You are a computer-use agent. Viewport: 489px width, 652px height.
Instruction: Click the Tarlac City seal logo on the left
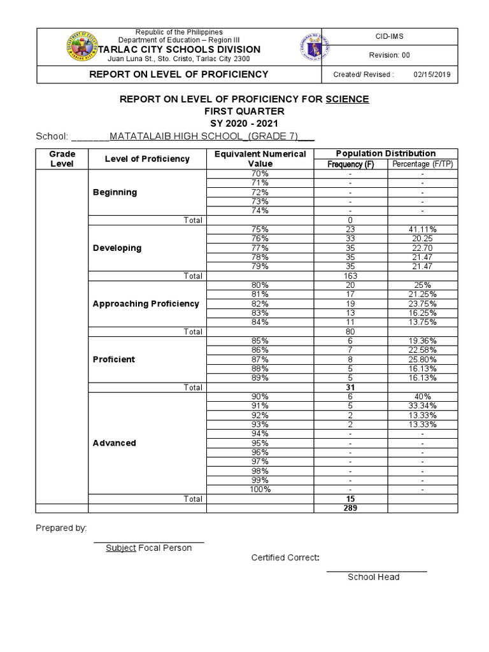[81, 48]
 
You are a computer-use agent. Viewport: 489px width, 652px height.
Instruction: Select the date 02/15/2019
[432, 74]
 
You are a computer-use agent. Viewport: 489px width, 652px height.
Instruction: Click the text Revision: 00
[390, 55]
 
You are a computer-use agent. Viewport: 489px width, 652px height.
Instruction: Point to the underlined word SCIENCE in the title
[347, 99]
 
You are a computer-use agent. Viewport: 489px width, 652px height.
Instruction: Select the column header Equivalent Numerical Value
[260, 159]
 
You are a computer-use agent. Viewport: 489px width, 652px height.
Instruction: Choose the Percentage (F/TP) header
[422, 164]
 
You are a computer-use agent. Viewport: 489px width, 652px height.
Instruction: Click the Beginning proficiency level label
[115, 192]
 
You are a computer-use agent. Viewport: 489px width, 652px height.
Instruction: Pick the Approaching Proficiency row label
[146, 304]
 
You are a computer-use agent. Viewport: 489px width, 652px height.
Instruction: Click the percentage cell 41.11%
[422, 229]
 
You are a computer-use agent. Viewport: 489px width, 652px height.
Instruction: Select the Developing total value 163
[350, 276]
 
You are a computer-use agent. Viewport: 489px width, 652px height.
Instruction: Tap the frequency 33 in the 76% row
[350, 239]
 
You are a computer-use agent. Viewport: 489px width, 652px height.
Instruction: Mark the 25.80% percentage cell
[422, 359]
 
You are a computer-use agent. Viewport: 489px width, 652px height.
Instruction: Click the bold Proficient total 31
[350, 387]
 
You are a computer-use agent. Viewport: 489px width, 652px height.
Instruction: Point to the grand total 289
[350, 508]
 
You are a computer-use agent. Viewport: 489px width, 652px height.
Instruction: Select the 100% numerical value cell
[260, 489]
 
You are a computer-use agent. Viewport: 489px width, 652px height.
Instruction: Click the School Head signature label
[373, 577]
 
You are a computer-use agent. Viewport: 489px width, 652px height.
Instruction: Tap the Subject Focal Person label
[148, 548]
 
